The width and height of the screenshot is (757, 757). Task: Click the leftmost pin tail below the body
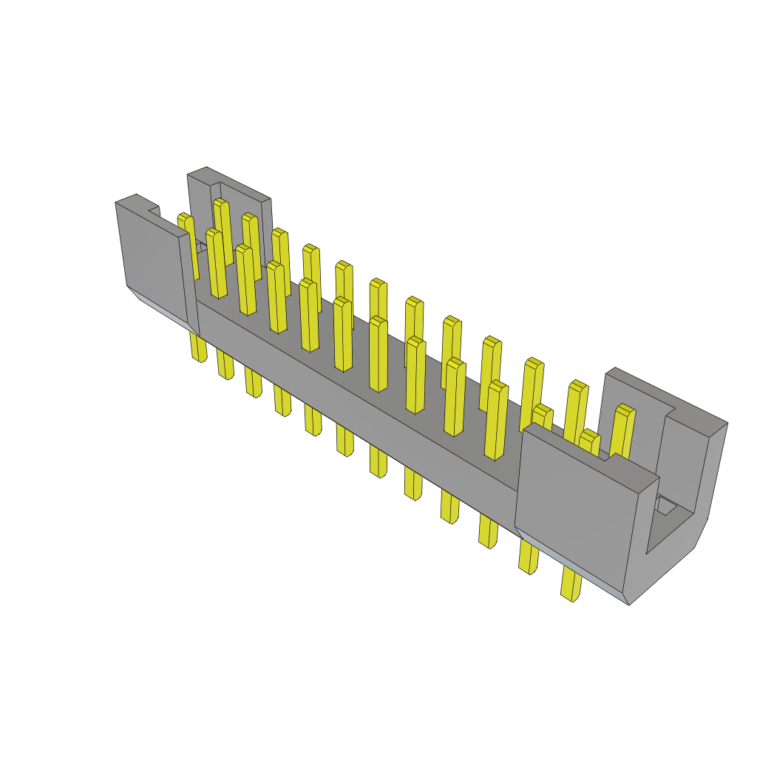click(x=198, y=347)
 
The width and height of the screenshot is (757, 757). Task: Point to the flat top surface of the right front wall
click(x=591, y=458)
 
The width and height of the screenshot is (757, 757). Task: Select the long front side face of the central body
click(x=355, y=399)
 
